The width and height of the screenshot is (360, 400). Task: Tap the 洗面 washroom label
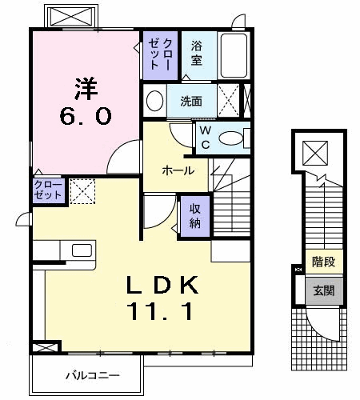click(x=190, y=102)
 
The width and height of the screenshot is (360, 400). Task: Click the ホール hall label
click(x=176, y=170)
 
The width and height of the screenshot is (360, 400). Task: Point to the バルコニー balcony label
click(x=87, y=375)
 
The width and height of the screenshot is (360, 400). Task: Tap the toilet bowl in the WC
click(x=233, y=138)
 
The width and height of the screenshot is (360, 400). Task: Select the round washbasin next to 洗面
click(x=154, y=101)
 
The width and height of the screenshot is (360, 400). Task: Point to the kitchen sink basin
click(x=82, y=250)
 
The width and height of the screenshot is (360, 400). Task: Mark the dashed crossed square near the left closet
click(x=81, y=190)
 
